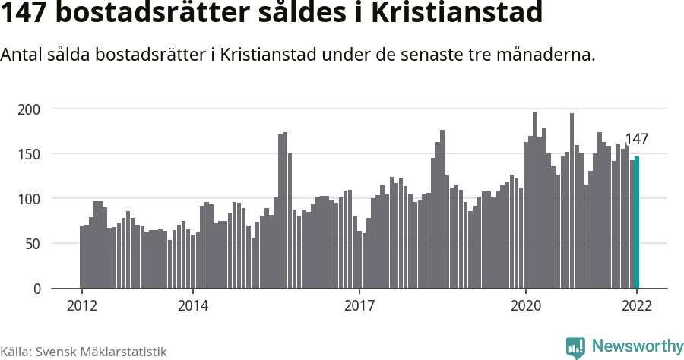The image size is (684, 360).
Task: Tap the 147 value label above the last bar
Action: pos(636,138)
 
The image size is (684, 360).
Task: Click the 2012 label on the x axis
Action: pos(82,306)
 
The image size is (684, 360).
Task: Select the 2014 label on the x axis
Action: pos(193,306)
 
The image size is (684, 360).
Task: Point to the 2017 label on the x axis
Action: pos(359,306)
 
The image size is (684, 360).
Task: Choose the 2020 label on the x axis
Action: pos(525,306)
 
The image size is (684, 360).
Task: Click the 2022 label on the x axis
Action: pos(637,306)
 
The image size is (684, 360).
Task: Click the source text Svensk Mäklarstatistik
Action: pos(101,352)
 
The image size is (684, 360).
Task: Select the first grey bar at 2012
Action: pos(82,257)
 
